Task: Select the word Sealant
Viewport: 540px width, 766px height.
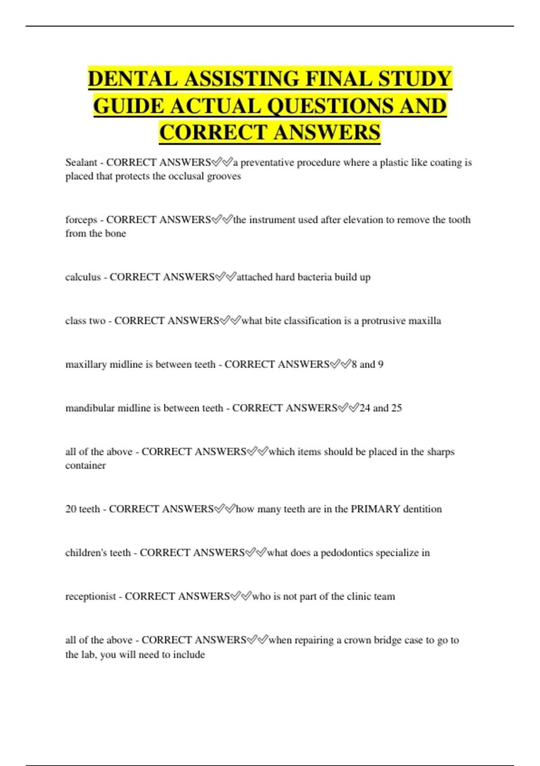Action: (x=81, y=162)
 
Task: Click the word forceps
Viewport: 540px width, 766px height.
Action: (x=81, y=220)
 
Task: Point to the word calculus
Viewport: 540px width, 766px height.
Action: (x=83, y=277)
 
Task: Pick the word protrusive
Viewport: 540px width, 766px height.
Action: (x=382, y=321)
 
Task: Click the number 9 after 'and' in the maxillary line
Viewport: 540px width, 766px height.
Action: (x=381, y=364)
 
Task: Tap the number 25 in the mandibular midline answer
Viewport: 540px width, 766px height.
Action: (x=396, y=408)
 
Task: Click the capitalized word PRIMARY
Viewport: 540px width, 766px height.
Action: (x=375, y=509)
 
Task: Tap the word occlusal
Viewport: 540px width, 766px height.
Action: (x=186, y=176)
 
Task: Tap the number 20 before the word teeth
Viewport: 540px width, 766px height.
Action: (x=71, y=509)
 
